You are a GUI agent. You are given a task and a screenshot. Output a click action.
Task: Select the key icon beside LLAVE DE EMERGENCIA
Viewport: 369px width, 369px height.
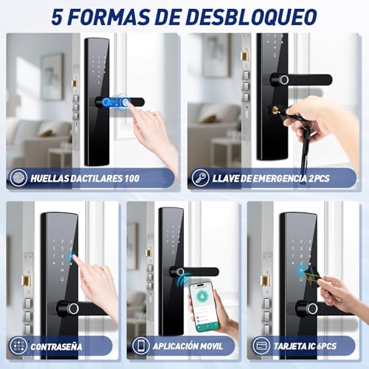coord(200,178)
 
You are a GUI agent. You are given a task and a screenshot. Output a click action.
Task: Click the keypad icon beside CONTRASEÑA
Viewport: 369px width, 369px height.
coord(18,345)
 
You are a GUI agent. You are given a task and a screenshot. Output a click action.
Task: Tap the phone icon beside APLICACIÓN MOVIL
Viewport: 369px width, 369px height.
coord(141,345)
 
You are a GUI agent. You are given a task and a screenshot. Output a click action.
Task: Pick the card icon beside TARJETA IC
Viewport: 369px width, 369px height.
coord(261,345)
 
